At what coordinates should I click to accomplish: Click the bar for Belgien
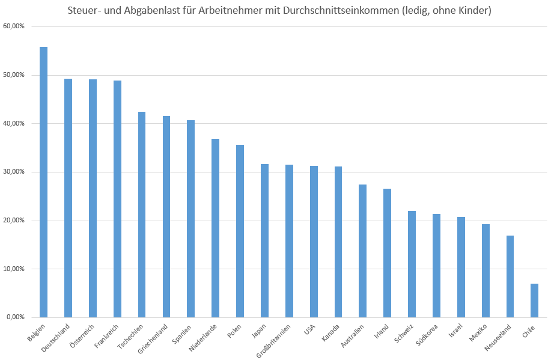tap(43, 182)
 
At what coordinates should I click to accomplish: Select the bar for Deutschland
tap(68, 198)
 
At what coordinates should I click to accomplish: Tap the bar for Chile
tap(534, 300)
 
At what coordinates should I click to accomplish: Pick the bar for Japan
tap(264, 240)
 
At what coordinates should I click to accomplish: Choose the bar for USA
tap(314, 241)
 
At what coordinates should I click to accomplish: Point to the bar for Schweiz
tap(412, 264)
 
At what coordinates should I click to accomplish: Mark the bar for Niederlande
tap(215, 228)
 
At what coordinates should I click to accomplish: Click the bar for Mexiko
tap(486, 270)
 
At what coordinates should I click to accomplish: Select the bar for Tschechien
tap(142, 214)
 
